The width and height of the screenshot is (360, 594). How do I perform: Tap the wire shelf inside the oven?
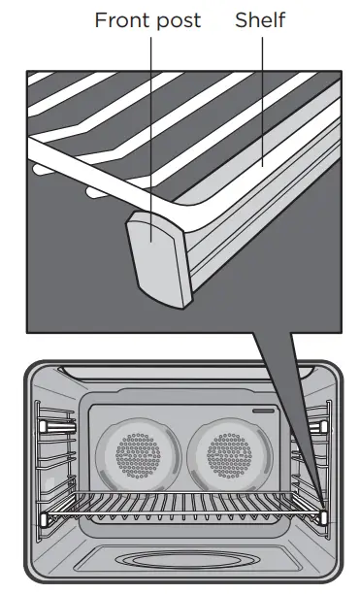click(181, 506)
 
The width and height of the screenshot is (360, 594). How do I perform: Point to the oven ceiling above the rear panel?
click(181, 383)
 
